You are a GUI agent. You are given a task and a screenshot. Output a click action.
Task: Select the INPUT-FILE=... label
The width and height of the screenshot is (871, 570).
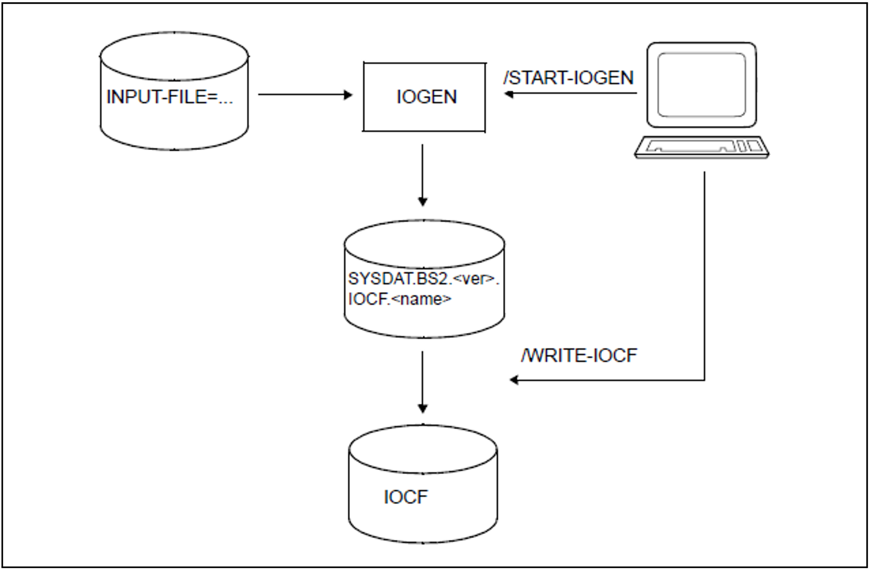(169, 97)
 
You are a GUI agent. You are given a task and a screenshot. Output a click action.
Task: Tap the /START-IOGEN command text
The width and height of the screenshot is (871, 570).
(569, 78)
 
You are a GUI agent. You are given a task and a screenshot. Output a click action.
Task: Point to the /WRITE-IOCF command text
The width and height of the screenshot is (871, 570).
(579, 355)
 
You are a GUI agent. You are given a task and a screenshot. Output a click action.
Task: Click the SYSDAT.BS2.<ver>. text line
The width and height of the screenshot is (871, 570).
(423, 279)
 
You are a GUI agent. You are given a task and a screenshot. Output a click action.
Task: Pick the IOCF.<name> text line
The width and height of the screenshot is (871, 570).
(400, 299)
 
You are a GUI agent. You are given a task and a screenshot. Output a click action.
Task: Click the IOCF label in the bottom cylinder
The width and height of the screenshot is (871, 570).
(406, 497)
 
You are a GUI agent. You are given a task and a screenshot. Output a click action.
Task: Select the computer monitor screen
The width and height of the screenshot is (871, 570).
(701, 84)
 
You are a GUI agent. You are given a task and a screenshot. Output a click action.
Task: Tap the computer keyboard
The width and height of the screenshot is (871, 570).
(701, 147)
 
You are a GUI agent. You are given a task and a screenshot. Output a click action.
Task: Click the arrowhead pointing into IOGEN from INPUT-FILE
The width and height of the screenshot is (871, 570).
(348, 95)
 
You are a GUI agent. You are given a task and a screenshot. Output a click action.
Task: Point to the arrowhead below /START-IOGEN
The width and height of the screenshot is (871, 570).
(509, 94)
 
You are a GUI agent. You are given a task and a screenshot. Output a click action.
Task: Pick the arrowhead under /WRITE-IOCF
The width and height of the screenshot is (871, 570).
(514, 380)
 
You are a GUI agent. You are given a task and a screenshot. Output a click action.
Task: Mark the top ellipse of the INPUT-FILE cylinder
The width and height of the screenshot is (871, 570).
(174, 56)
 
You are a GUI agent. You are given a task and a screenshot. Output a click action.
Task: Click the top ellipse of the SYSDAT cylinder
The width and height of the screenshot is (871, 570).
(424, 244)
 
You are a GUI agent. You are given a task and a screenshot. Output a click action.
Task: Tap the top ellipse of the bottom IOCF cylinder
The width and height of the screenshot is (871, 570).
(423, 449)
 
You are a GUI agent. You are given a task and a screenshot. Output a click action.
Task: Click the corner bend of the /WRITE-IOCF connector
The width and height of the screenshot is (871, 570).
(704, 380)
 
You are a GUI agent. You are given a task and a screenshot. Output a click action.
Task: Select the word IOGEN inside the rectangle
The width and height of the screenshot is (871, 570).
(426, 97)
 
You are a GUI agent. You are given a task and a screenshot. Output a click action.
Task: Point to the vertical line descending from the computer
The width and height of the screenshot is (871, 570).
(704, 272)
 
